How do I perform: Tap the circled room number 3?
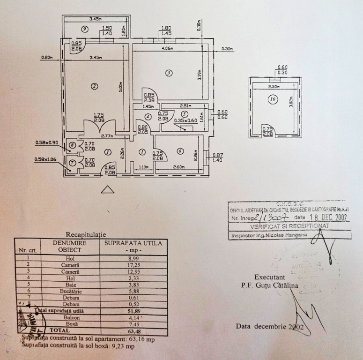tap(169, 73)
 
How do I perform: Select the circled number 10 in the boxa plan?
tap(273, 99)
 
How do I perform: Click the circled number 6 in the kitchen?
tap(180, 151)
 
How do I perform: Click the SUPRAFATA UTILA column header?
tap(133, 244)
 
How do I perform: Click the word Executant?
tap(270, 277)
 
